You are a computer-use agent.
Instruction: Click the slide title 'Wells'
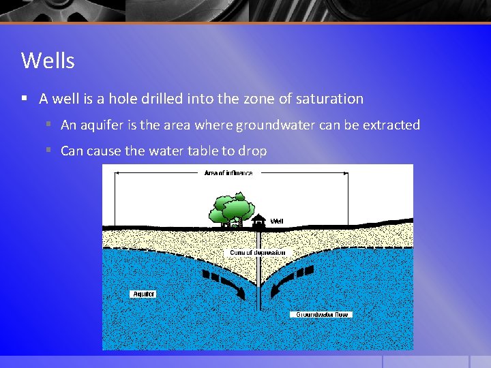point(48,61)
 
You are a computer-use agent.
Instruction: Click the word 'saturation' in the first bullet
point(330,99)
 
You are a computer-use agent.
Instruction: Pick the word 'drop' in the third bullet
point(252,151)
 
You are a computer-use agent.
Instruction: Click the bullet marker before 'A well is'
point(24,98)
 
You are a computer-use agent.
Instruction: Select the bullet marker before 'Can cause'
point(50,150)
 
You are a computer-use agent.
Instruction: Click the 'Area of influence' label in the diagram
point(228,173)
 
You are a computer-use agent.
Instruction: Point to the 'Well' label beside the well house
point(277,221)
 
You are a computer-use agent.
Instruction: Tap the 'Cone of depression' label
point(258,253)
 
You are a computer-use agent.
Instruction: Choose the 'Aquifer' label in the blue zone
point(143,294)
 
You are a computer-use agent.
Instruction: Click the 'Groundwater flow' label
point(322,314)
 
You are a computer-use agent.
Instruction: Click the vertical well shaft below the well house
point(258,273)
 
